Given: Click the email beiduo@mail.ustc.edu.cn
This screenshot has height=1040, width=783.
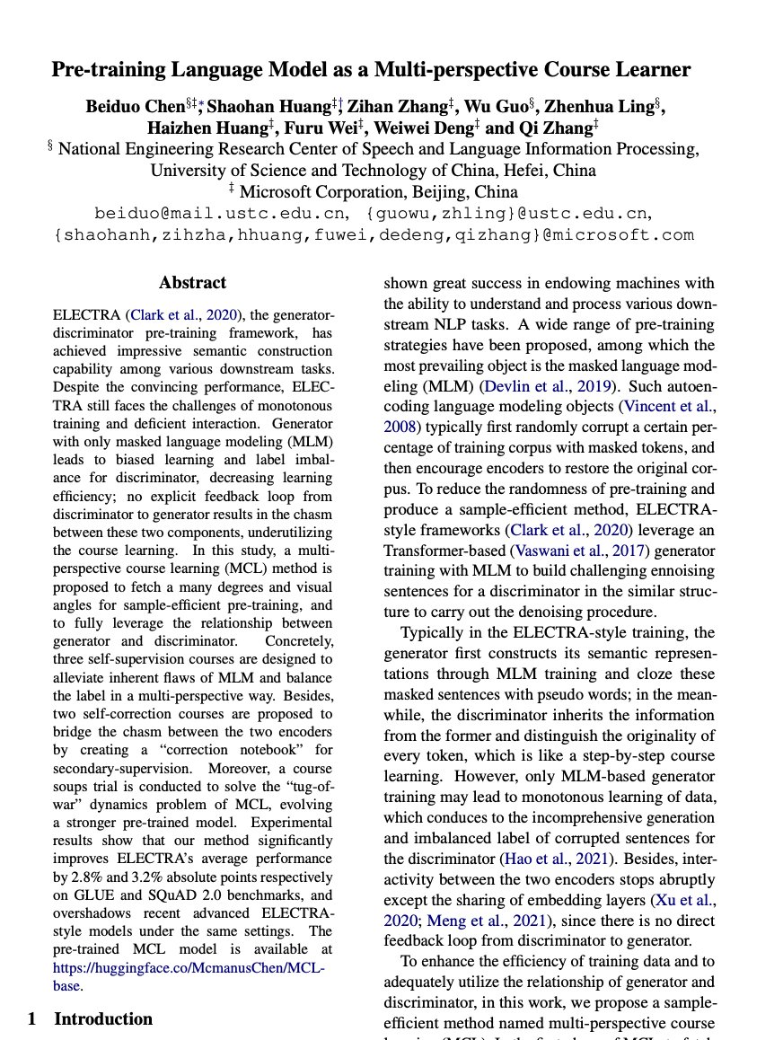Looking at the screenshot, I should point(220,213).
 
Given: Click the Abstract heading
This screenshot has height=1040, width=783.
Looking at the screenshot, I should point(192,283).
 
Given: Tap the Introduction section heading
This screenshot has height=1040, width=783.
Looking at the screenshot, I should point(103,1018).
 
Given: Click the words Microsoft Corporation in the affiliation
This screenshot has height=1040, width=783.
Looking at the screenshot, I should point(320,191).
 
